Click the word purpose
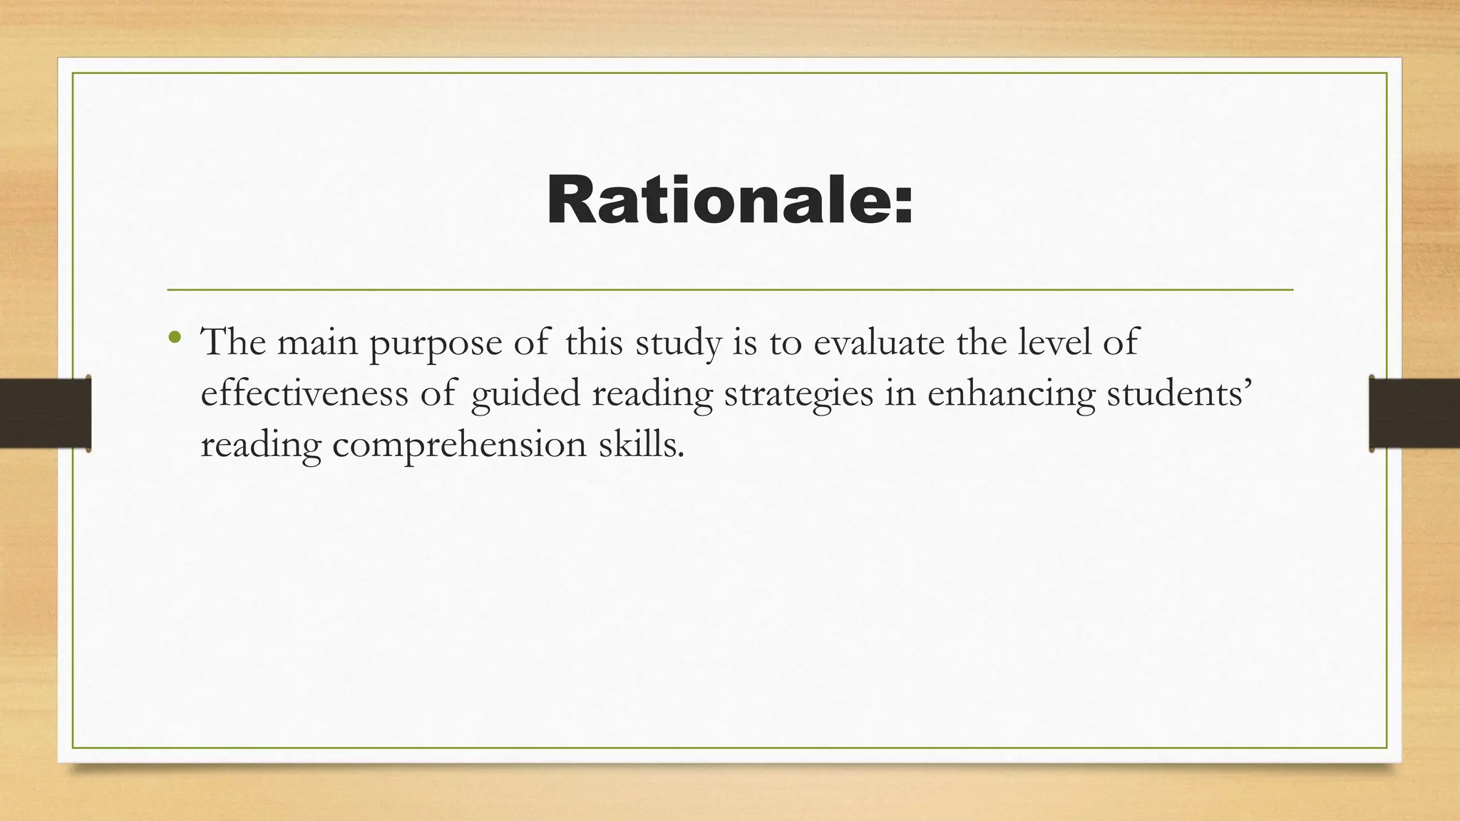(436, 344)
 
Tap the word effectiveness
(304, 393)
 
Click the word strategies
(798, 395)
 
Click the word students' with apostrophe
(1178, 393)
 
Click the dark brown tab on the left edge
(45, 413)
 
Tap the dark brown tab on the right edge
(1414, 413)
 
